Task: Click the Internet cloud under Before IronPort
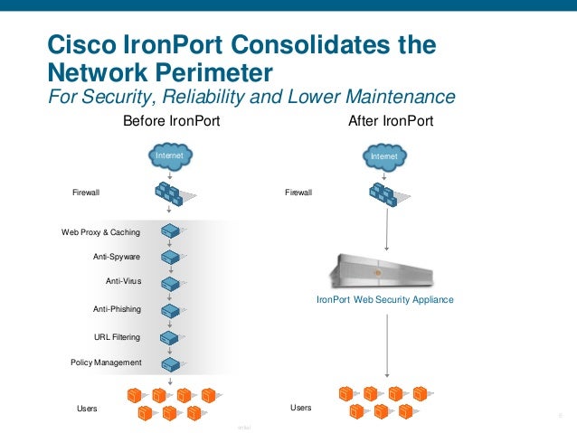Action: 170,157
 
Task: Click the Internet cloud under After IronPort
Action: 384,157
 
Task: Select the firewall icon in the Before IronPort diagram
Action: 170,193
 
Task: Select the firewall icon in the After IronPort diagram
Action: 384,193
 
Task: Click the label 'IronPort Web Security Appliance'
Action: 384,299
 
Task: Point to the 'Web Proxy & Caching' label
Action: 100,232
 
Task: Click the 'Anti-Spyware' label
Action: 117,257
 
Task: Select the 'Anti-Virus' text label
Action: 123,281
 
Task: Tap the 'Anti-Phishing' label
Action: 117,309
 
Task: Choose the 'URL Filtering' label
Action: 118,337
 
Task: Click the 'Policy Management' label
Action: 106,362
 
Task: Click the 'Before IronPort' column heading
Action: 171,120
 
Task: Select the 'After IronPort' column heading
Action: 391,120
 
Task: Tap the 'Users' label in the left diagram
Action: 87,409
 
